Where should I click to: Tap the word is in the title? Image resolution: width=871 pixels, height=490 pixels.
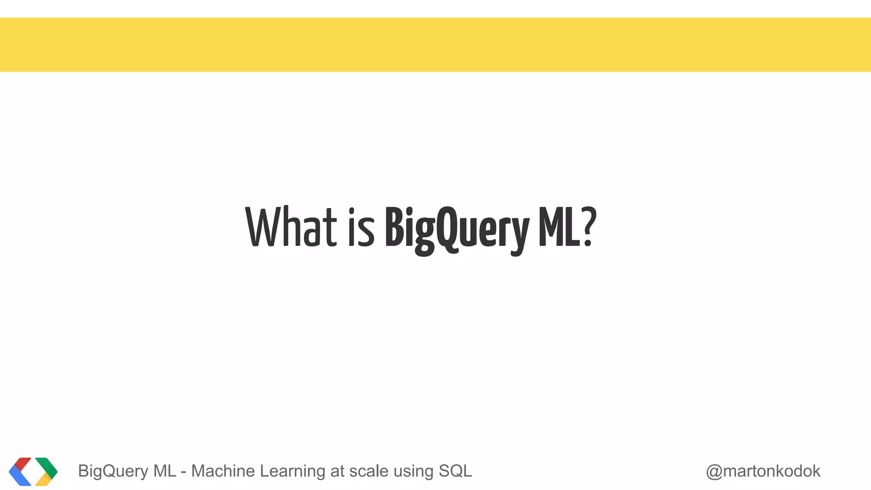click(x=361, y=228)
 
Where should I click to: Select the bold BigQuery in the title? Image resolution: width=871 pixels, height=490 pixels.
click(x=457, y=230)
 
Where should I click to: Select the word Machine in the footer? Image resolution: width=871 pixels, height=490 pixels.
click(x=223, y=471)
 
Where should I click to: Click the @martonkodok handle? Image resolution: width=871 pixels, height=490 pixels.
click(x=763, y=471)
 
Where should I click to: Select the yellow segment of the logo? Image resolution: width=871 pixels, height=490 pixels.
click(x=44, y=480)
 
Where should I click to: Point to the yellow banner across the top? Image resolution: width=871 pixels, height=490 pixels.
click(x=435, y=45)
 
